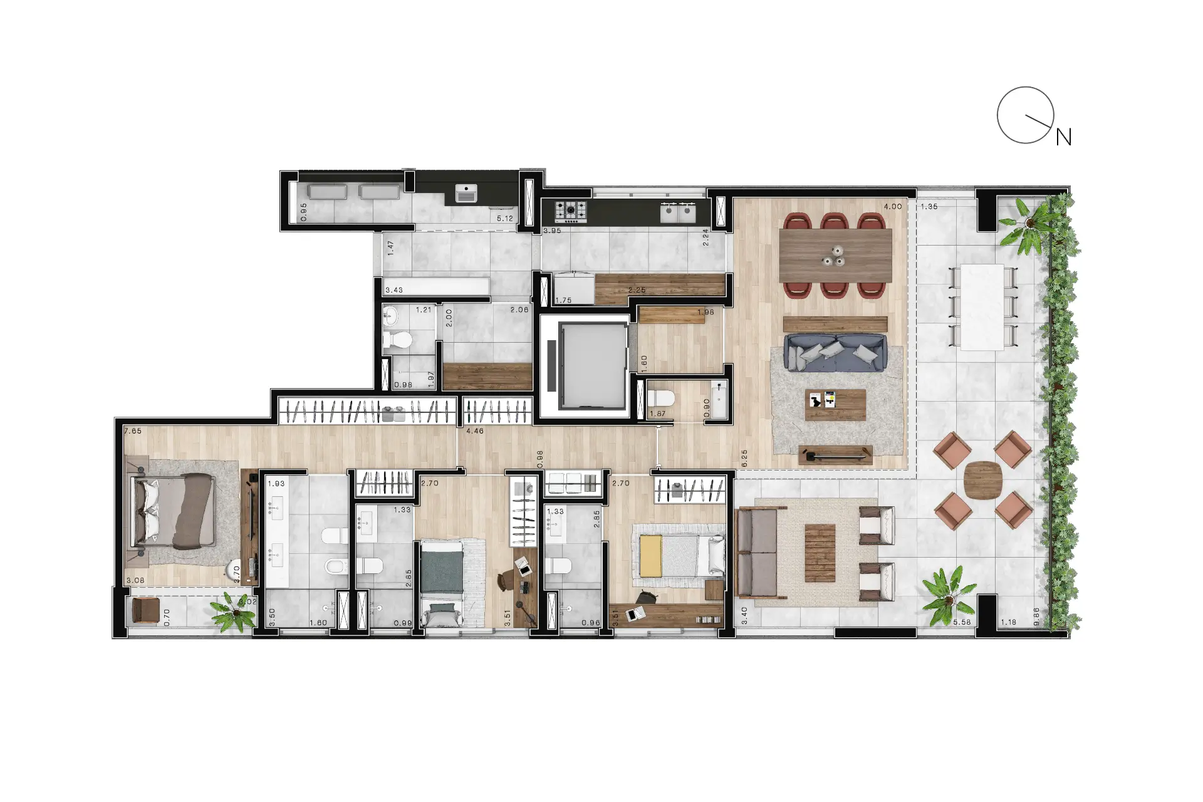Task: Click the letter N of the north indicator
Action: click(1064, 137)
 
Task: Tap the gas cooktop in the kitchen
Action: click(571, 211)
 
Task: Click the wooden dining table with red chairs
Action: click(835, 256)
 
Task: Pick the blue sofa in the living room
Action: click(836, 353)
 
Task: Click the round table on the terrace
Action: click(982, 479)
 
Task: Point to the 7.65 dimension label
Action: click(133, 431)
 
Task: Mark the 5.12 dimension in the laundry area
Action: click(505, 219)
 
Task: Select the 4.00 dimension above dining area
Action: click(892, 207)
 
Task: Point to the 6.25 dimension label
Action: click(744, 458)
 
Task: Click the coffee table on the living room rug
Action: click(835, 405)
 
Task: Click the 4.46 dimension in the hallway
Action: click(475, 431)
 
